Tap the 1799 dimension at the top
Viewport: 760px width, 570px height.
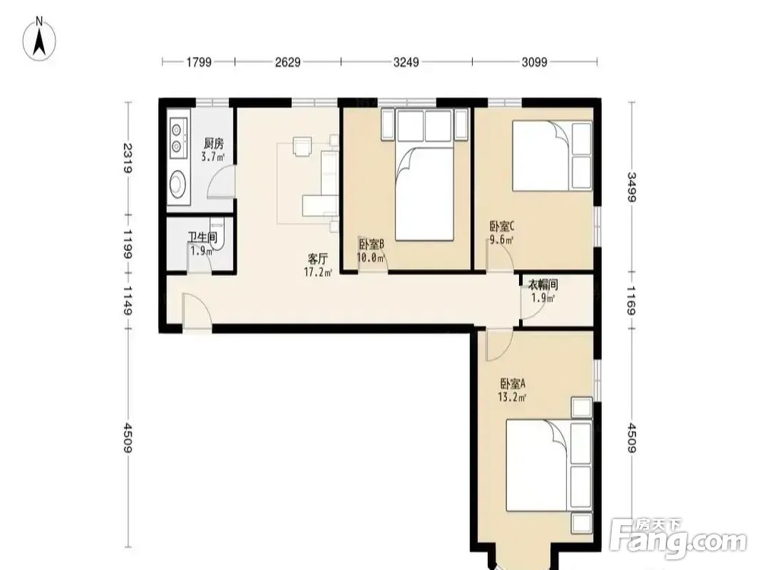click(198, 62)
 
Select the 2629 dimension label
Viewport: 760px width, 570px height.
click(288, 62)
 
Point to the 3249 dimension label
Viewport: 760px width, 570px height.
click(406, 62)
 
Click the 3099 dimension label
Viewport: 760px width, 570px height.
click(534, 62)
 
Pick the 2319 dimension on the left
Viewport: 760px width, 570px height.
click(128, 158)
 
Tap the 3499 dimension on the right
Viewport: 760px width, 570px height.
click(632, 187)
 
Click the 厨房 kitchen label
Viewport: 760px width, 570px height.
click(214, 144)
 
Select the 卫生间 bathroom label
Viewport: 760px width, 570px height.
click(202, 238)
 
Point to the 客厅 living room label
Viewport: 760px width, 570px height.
click(318, 259)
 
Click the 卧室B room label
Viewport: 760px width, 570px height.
click(372, 244)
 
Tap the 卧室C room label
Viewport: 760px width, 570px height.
click(502, 226)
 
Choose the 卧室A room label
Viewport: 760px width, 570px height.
click(513, 385)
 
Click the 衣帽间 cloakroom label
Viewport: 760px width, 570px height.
click(543, 284)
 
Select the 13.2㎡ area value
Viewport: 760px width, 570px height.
click(511, 398)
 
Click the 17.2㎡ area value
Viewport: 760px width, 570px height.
click(318, 272)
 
